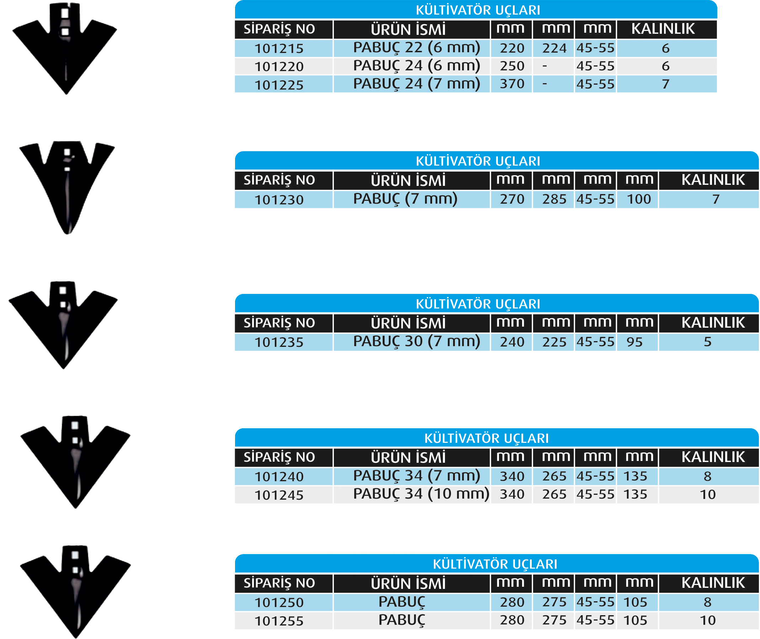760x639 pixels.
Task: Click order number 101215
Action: coord(279,49)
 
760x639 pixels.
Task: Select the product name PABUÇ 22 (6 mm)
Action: coord(416,48)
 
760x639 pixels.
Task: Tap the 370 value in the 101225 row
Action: coord(512,84)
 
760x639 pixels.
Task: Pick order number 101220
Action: coord(279,67)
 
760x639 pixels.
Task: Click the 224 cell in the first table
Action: coord(554,48)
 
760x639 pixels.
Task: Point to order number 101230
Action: coord(279,200)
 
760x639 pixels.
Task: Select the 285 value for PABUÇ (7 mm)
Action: coord(554,199)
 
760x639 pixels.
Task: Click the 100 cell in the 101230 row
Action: coord(639,199)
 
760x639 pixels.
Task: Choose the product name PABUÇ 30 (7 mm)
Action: coord(416,342)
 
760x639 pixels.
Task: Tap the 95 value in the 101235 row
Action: coord(634,342)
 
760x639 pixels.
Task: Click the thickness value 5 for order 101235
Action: coord(707,342)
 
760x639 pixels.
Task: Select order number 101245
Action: coord(279,495)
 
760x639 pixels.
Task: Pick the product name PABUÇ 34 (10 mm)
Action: coord(421,494)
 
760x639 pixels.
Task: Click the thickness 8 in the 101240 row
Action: coord(707,476)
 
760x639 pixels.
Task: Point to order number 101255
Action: coord(279,621)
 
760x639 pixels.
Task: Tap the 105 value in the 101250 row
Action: coord(635,602)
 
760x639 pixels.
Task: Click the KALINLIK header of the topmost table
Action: coord(663,29)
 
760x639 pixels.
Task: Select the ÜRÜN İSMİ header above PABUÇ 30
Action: coord(408,323)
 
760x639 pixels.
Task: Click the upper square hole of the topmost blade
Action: coord(65,14)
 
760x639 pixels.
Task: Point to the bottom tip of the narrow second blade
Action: coord(68,232)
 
